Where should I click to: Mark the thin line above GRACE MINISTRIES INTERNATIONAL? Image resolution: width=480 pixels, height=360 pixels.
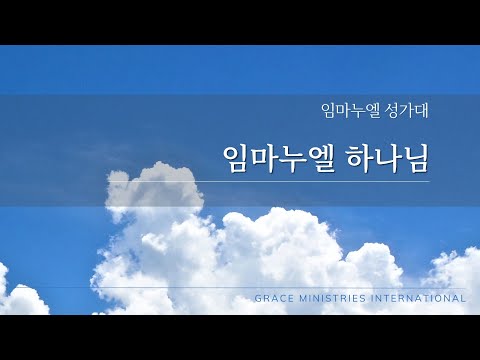360,288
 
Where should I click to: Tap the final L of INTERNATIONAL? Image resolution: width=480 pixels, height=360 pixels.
464,298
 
